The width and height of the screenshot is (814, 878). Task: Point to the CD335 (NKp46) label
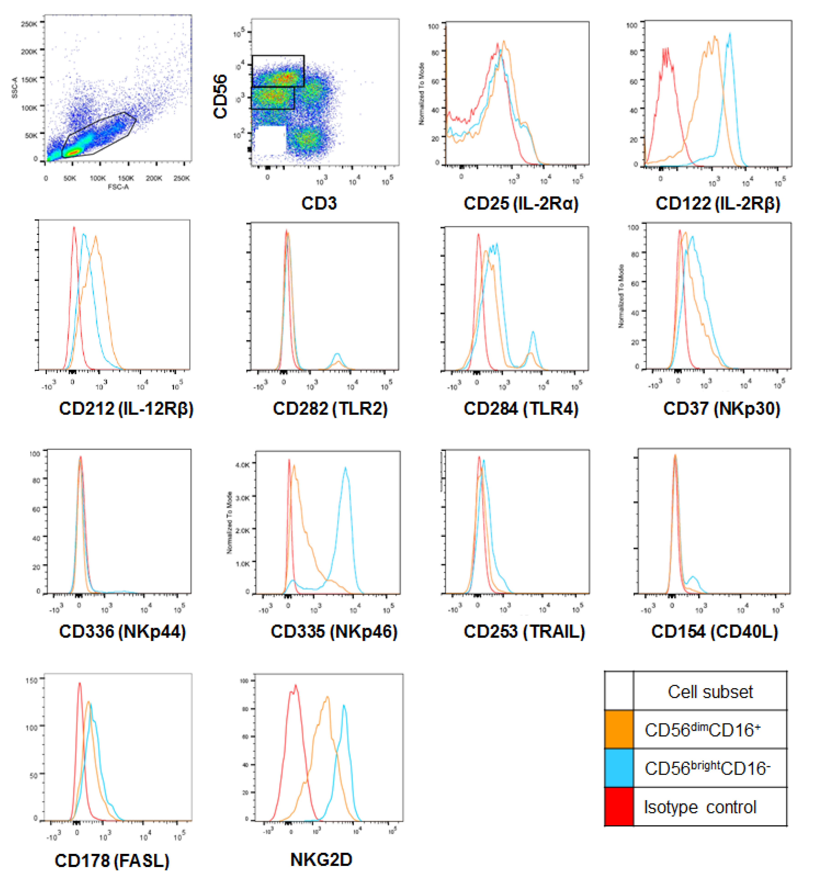334,631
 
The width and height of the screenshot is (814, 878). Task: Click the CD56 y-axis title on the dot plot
220,96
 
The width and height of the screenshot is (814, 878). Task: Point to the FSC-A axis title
118,187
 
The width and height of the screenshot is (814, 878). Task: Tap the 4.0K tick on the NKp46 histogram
243,465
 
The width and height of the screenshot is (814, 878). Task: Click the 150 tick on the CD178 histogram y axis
32,681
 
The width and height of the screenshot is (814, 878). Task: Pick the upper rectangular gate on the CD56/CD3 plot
278,70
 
